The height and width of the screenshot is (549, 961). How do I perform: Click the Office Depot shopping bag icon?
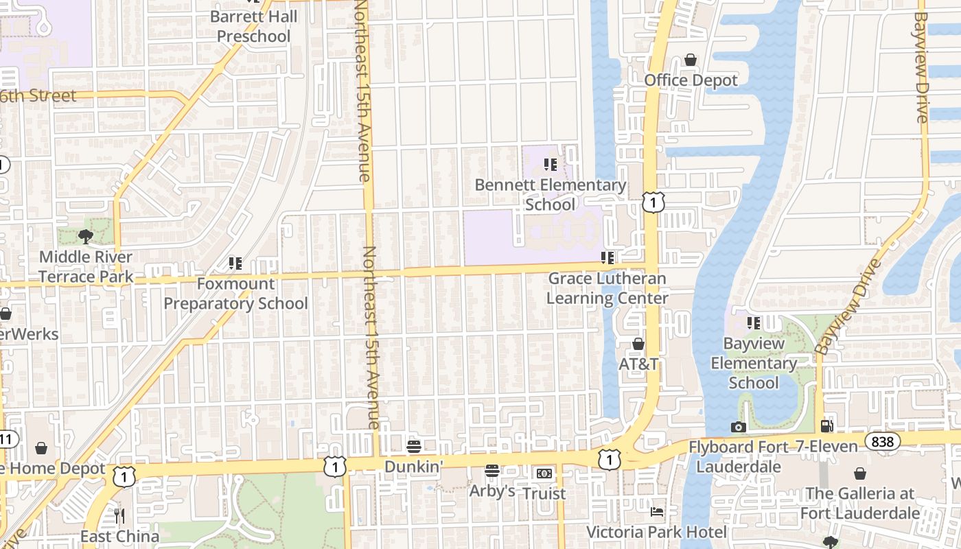click(x=691, y=60)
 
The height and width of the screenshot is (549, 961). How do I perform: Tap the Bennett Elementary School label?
click(x=551, y=195)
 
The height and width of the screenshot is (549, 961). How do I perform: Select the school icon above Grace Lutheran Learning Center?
click(x=607, y=258)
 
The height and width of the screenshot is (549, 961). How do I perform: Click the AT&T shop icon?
click(x=638, y=344)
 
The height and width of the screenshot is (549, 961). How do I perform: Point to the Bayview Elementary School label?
click(x=753, y=363)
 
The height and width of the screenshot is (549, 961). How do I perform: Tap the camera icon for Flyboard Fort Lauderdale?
click(x=739, y=427)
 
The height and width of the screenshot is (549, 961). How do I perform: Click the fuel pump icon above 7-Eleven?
click(x=827, y=426)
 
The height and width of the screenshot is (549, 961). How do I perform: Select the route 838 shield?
click(x=882, y=441)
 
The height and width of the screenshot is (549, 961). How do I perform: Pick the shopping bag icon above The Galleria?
click(x=859, y=474)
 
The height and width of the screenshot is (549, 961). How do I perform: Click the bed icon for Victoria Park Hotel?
click(x=657, y=511)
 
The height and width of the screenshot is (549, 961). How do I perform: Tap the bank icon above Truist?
click(x=544, y=474)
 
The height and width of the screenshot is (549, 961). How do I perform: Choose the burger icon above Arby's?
click(x=492, y=471)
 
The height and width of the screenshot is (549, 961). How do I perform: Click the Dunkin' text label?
click(x=413, y=467)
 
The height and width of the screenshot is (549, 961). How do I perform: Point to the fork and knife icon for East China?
click(x=120, y=515)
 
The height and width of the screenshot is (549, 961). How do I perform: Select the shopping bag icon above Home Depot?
click(x=41, y=448)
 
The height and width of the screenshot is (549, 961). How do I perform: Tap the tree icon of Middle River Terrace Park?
click(x=86, y=237)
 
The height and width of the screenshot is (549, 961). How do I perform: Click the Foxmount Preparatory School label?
click(x=235, y=294)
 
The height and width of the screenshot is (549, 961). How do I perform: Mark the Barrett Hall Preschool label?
click(x=254, y=26)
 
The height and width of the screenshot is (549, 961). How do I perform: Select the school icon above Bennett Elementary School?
click(x=550, y=165)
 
